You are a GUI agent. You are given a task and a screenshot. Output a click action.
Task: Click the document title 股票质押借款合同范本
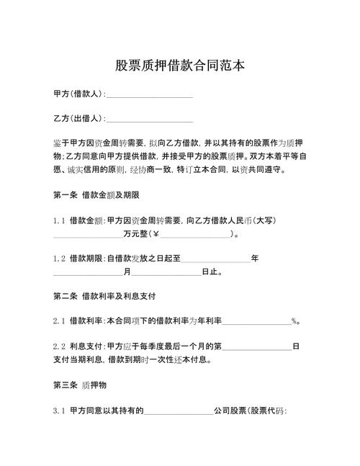click(180, 66)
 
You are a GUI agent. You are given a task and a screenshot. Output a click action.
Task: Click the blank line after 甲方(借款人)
click(149, 96)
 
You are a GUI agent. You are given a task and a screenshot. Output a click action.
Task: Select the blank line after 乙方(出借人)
click(149, 120)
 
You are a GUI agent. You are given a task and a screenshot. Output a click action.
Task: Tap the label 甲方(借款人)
click(78, 94)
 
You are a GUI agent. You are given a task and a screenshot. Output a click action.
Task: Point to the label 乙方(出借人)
click(78, 118)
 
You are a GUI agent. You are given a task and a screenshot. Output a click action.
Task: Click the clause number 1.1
click(60, 221)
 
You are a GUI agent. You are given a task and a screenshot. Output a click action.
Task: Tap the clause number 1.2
click(60, 258)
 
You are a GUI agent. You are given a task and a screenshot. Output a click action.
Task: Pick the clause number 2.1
click(60, 321)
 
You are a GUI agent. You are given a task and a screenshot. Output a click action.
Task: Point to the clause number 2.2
click(60, 346)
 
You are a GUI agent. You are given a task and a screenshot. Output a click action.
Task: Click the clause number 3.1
click(60, 411)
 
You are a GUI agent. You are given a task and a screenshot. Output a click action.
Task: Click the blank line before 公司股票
click(179, 413)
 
